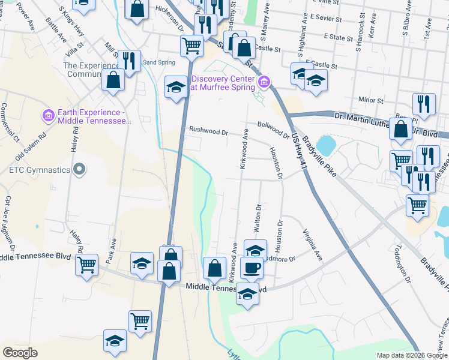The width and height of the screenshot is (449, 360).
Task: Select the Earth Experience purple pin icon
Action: tap(49, 114)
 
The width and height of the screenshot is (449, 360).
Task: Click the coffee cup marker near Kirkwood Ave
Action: tap(252, 268)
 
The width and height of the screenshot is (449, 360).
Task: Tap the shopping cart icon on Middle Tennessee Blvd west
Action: tap(86, 264)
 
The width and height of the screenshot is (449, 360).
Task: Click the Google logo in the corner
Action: tap(20, 353)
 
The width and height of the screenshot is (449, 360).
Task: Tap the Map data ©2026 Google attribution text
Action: tap(411, 355)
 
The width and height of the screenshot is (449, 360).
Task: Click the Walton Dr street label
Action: tap(258, 219)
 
